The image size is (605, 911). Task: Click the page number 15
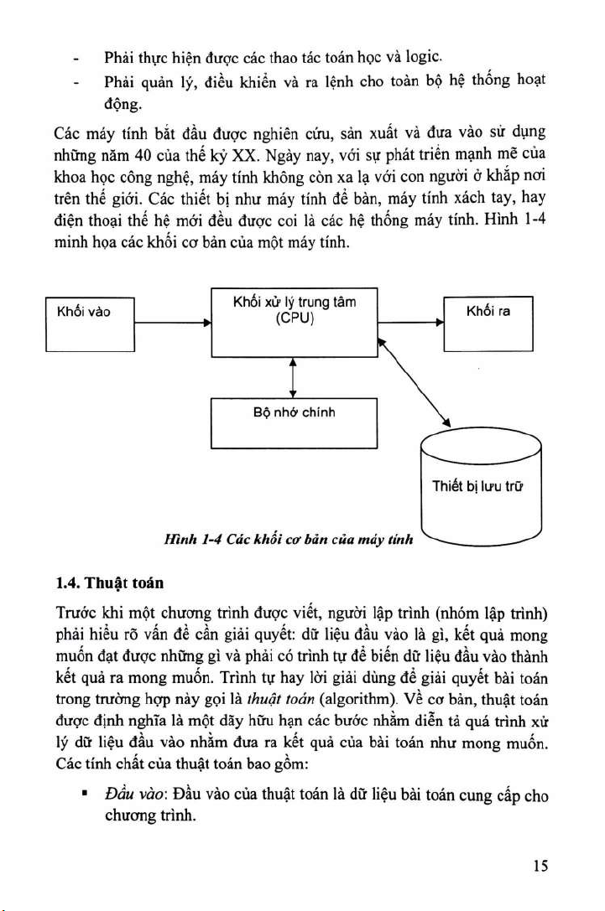tap(540, 867)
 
